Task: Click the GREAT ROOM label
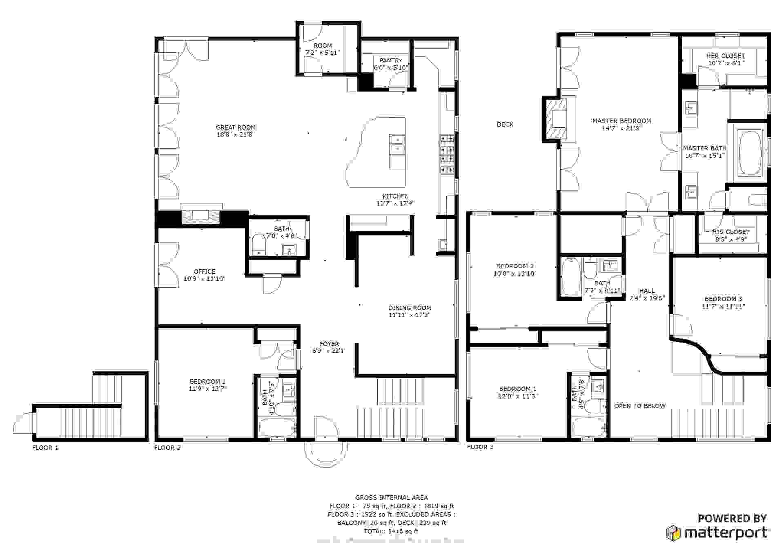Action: pos(236,128)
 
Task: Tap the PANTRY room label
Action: pos(391,60)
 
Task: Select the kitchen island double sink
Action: pos(396,144)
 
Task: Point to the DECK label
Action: pos(505,124)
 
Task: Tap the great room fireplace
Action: pos(201,216)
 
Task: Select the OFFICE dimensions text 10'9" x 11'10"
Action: pos(204,279)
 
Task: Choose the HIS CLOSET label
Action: pos(731,232)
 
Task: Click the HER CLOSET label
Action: pos(725,56)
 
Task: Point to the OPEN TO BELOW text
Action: pos(640,406)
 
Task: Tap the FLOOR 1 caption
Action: pos(45,448)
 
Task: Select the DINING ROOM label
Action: pos(410,308)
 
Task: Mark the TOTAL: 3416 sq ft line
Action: pos(391,531)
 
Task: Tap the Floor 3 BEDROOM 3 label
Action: pos(723,299)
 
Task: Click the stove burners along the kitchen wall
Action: pos(447,154)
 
